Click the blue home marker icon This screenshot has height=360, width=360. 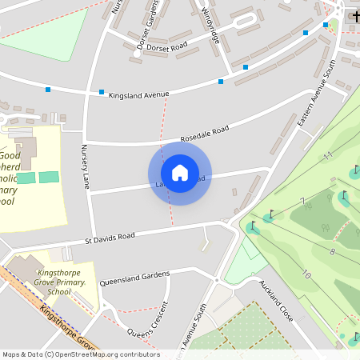[x=179, y=173]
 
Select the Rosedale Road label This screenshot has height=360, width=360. [x=204, y=132]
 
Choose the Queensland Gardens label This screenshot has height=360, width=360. [x=134, y=278]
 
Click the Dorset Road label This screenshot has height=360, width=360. [x=167, y=46]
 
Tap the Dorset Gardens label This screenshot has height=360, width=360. [x=148, y=24]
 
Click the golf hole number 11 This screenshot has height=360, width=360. [x=326, y=155]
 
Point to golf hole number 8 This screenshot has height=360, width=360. [x=331, y=251]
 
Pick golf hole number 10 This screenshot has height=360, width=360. [x=306, y=274]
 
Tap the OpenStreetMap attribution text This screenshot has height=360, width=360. [x=80, y=354]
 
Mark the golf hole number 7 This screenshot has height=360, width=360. [x=302, y=200]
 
